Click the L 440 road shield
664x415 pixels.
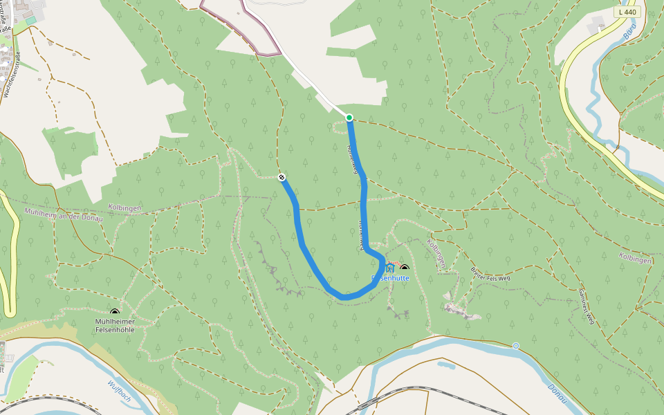[628, 12]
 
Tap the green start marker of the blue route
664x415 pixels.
[349, 118]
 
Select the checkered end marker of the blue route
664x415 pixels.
[282, 178]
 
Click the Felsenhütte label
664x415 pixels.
[391, 278]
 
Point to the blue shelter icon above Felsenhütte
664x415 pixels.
[390, 267]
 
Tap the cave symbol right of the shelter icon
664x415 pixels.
[405, 268]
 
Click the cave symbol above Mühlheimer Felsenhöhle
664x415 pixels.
[115, 313]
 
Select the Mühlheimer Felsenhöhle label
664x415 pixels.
[115, 325]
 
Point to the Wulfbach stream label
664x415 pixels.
[119, 391]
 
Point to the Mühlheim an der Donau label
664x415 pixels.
[63, 214]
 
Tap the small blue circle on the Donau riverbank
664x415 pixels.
[515, 345]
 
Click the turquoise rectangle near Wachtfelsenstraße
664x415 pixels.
[30, 20]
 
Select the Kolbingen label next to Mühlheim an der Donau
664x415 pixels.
[124, 207]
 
